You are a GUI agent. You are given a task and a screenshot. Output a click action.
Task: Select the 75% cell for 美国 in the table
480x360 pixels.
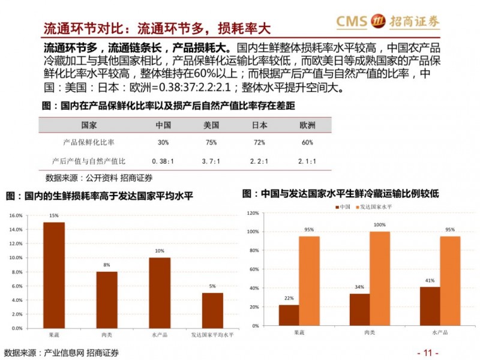pyautogui.click(x=211, y=142)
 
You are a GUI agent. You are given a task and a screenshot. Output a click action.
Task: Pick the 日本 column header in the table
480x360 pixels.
pyautogui.click(x=259, y=125)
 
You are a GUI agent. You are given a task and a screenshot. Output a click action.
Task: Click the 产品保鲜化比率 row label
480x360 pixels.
pyautogui.click(x=89, y=142)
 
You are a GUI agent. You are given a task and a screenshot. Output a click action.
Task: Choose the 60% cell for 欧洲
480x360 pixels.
pyautogui.click(x=307, y=142)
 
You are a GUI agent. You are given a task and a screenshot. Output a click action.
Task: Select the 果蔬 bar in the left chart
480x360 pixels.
pyautogui.click(x=54, y=274)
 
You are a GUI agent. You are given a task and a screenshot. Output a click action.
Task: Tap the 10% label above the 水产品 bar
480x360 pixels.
pyautogui.click(x=160, y=251)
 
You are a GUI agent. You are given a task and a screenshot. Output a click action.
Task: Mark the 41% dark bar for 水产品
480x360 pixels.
pyautogui.click(x=430, y=306)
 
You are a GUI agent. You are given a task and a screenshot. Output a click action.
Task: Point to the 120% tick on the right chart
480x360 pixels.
pyautogui.click(x=252, y=214)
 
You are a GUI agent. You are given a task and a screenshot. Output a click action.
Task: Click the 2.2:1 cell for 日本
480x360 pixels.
pyautogui.click(x=259, y=161)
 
